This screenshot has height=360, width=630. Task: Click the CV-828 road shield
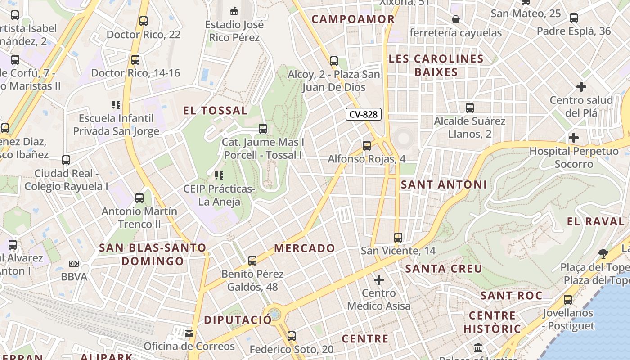pos(364,114)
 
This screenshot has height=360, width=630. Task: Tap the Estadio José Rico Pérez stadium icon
pos(234,11)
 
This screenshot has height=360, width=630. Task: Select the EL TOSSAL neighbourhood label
pos(216,111)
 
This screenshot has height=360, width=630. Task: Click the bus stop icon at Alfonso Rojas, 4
pos(367,146)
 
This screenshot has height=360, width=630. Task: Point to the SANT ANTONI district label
pos(444,184)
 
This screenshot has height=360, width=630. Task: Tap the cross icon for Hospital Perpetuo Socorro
pos(574,138)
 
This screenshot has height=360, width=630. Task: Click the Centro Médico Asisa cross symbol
pos(379,280)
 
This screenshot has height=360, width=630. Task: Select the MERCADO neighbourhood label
pos(305,248)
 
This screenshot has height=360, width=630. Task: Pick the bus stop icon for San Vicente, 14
pos(398,237)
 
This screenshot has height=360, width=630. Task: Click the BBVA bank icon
pos(74,263)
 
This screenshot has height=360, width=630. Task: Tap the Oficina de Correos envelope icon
pos(189,333)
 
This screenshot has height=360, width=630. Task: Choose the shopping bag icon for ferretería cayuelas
pos(456,19)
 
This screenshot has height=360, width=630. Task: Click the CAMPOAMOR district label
pos(353,19)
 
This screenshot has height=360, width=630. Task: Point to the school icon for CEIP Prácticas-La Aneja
pos(219,175)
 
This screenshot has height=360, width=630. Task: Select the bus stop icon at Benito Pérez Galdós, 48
pos(252,261)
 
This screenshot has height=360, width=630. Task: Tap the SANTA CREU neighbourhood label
pos(444,269)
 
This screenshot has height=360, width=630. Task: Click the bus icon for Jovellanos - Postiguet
pos(568,299)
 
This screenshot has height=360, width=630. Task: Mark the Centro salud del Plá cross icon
pos(581,86)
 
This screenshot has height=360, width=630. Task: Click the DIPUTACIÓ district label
pos(238,320)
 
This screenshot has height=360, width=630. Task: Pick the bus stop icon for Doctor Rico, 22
pos(144,21)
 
